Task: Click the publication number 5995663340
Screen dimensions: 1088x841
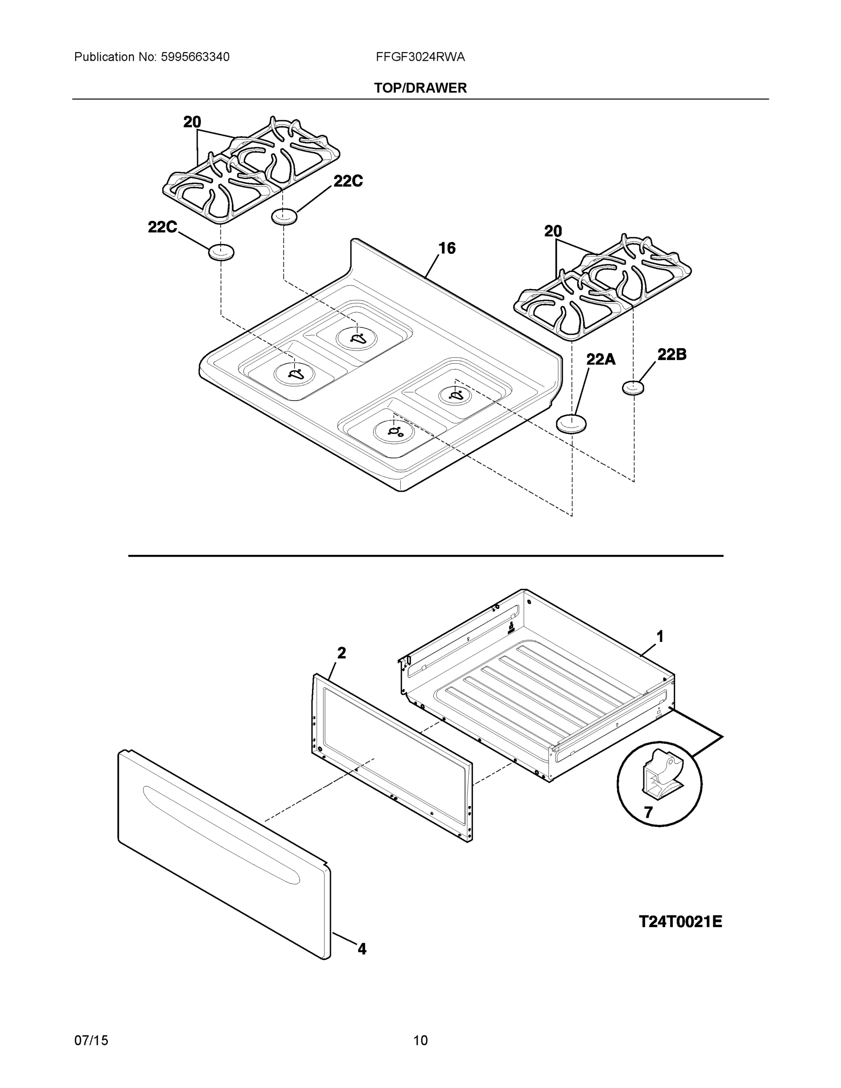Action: coord(195,57)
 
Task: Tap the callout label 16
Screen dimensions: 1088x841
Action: coord(447,248)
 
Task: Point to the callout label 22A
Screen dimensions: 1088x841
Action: coord(600,359)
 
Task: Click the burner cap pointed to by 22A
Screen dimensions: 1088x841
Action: coord(571,424)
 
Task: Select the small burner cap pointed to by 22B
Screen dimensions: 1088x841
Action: coord(633,388)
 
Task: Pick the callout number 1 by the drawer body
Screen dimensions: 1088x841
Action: coord(660,636)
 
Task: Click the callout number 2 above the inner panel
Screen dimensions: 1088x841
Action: coord(341,653)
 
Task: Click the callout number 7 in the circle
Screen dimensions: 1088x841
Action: coord(648,812)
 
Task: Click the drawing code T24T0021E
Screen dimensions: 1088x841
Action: coord(680,921)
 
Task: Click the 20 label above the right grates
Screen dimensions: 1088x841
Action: coord(553,231)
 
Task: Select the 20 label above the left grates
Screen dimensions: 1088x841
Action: coord(192,122)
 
